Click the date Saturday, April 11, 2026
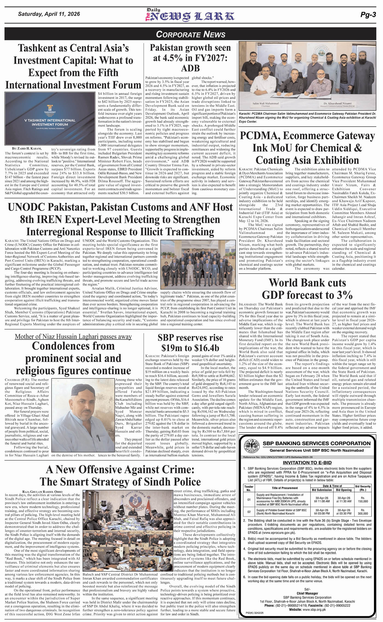[x=49, y=14]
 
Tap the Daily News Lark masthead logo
[x=189, y=15]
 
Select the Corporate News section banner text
[x=191, y=34]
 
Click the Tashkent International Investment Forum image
[x=50, y=118]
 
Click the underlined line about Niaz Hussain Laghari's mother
[x=73, y=337]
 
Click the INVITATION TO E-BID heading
[x=307, y=463]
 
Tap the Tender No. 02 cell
[x=249, y=511]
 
